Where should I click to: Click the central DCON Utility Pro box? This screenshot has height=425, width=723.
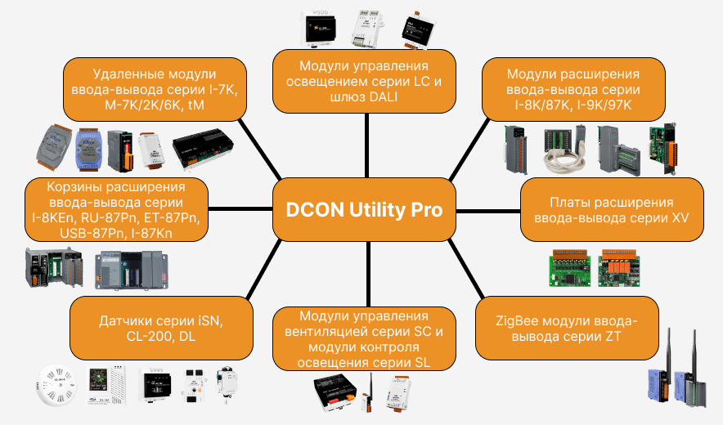coord(364,210)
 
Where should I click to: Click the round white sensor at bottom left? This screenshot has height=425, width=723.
coord(56,386)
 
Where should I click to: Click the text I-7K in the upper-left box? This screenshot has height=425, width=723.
coord(219,90)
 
